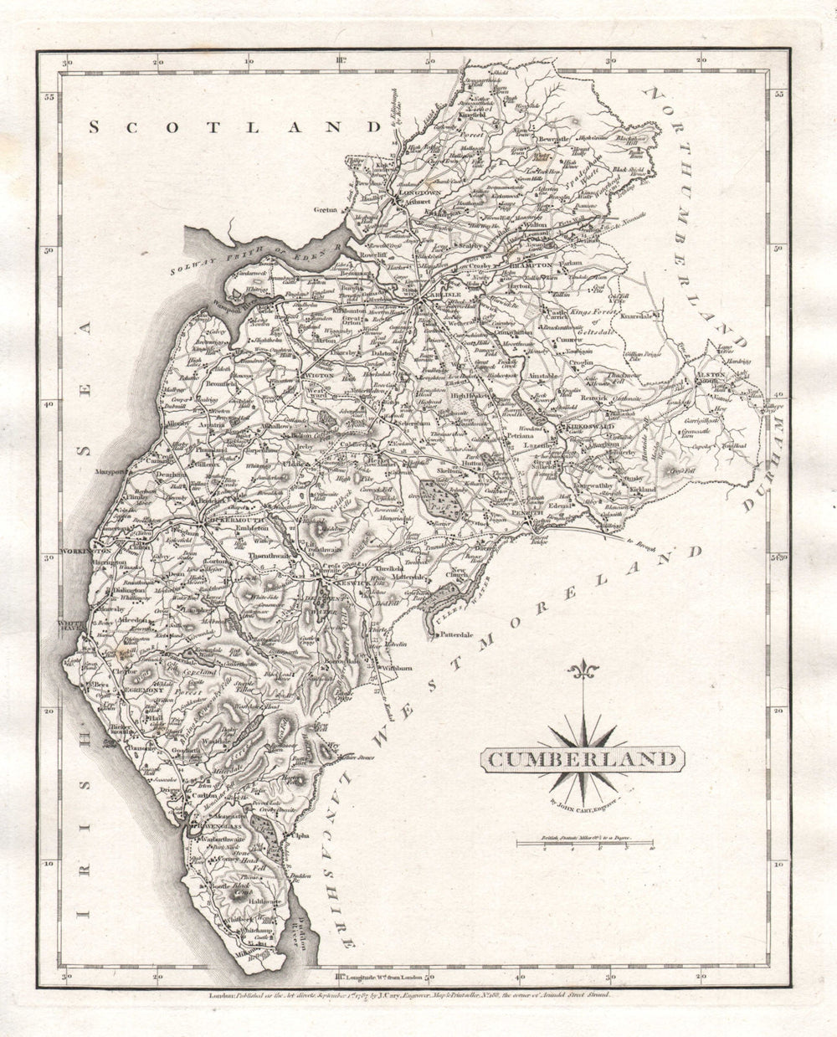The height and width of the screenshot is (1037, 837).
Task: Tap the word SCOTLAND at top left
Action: pyautogui.click(x=229, y=127)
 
